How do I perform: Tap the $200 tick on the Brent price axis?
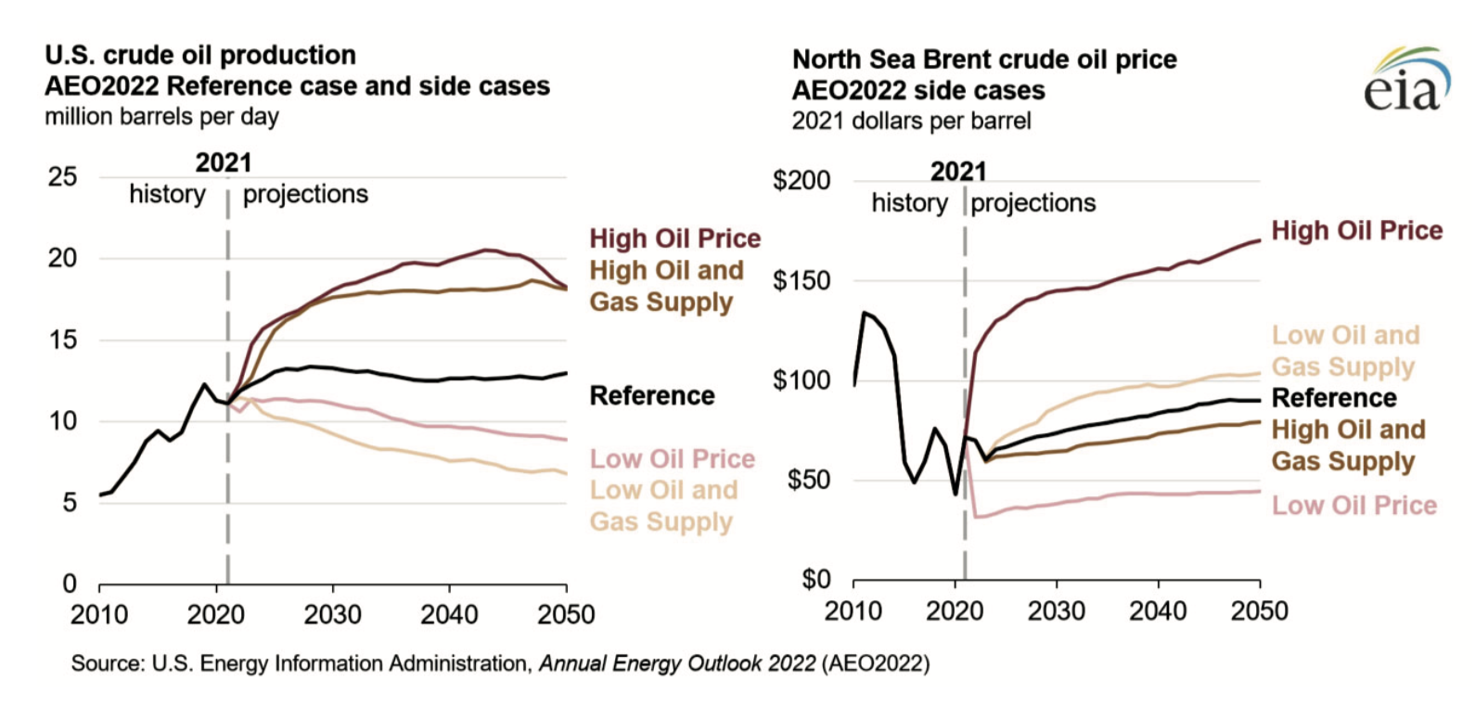(x=802, y=180)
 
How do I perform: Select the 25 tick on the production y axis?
(x=63, y=176)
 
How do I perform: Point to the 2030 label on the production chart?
(x=332, y=614)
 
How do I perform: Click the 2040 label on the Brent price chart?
(x=1158, y=611)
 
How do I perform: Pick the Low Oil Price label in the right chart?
(x=1353, y=506)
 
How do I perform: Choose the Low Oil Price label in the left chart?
(x=673, y=459)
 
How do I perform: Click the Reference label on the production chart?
(x=652, y=396)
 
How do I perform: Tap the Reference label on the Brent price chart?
(x=1334, y=398)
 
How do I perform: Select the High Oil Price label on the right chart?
(x=1357, y=231)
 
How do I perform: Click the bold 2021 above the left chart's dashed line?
(x=224, y=163)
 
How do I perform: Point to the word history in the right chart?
(x=909, y=203)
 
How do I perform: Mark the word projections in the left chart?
(x=305, y=194)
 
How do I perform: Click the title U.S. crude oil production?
(x=200, y=55)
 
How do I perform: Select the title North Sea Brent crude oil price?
(x=984, y=59)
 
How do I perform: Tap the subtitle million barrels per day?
(x=161, y=117)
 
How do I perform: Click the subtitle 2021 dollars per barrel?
(x=911, y=121)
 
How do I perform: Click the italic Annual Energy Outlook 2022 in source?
(x=677, y=663)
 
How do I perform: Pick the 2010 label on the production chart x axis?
(x=99, y=614)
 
